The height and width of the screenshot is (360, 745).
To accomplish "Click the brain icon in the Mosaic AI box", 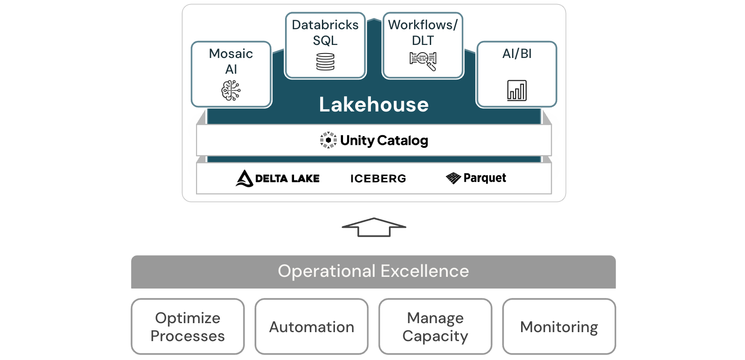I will (231, 90).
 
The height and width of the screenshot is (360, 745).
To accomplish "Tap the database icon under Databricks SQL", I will (325, 62).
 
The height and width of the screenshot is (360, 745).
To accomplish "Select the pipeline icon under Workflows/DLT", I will (423, 61).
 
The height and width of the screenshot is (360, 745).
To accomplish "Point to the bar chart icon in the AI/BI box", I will (517, 90).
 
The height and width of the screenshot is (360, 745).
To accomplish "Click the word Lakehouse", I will (374, 105).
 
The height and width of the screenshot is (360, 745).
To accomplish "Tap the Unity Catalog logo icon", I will (328, 140).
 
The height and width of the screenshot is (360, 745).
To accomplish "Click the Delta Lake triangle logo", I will (244, 178).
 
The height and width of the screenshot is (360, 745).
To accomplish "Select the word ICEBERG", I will (378, 178).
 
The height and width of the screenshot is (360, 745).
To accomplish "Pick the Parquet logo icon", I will (453, 178).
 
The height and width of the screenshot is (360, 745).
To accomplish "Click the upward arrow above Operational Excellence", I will (374, 227).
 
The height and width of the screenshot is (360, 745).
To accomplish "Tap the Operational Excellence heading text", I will (373, 271).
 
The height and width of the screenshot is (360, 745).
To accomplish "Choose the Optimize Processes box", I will (187, 327).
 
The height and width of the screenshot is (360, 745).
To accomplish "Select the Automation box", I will (312, 327).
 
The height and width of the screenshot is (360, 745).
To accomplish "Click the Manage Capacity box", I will (435, 327).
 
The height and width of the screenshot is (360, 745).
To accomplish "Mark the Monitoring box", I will (559, 327).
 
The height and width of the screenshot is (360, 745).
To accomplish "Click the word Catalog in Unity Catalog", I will (403, 141).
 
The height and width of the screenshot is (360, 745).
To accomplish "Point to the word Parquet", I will (485, 178).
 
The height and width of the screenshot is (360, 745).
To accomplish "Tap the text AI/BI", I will (517, 54).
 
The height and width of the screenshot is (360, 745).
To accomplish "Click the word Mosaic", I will (231, 54).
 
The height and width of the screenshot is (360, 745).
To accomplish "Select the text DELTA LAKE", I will (287, 178).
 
